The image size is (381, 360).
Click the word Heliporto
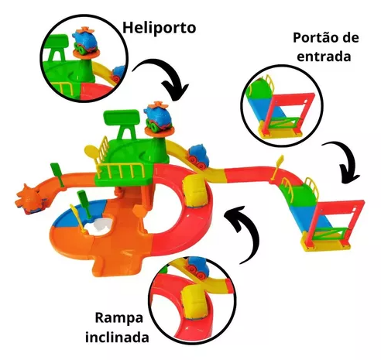click(x=159, y=28)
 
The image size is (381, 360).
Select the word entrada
click(x=324, y=57)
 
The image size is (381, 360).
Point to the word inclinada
click(x=117, y=337)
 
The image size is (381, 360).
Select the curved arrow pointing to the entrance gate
click(x=342, y=160)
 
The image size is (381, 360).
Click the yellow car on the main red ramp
click(x=194, y=190)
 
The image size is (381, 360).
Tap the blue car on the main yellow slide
click(x=198, y=157)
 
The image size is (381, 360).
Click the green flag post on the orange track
click(x=59, y=175)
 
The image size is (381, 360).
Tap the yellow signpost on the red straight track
click(x=277, y=168)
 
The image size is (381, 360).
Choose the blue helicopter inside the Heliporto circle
click(x=85, y=40)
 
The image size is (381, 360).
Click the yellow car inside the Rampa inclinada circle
click(x=195, y=302)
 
